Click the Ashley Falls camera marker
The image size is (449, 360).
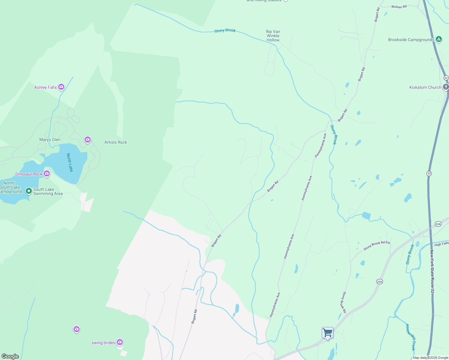coord(61,87)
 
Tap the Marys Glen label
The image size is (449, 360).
coord(50,139)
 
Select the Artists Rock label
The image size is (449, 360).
coord(116,142)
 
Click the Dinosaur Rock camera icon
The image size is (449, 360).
coord(47,174)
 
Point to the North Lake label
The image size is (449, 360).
coord(70,162)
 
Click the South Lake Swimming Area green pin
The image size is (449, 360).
coord(29,191)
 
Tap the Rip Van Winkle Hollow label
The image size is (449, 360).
coord(273,36)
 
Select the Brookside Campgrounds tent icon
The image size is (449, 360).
coord(438,39)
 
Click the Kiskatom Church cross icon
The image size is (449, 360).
coord(446,87)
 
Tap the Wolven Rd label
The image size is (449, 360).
coord(399,7)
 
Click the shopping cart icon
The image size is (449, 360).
coord(327,333)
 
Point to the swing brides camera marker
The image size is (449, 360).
coord(120,342)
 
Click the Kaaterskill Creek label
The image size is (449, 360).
coord(411,337)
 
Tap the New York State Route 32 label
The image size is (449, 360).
coord(432,271)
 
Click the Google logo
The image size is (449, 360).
coord(10,356)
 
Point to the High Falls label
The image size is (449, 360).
coord(441,244)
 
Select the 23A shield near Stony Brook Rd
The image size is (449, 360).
coord(379,281)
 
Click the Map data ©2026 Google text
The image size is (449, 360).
coord(430,358)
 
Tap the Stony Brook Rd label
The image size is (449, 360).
coord(343,302)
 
